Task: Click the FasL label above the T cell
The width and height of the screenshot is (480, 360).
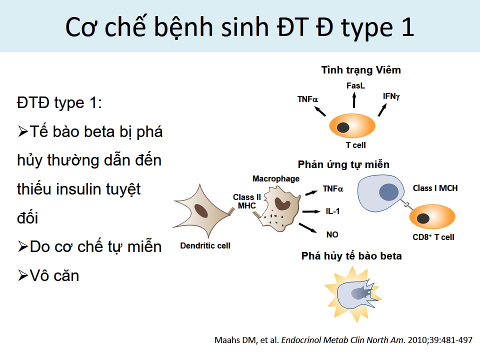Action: tap(355, 85)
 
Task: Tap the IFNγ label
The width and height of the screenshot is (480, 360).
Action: tap(391, 96)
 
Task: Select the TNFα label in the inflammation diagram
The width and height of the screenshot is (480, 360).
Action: tap(307, 99)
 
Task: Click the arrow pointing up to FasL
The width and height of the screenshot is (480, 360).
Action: tap(354, 100)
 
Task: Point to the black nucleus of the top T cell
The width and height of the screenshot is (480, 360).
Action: tap(343, 127)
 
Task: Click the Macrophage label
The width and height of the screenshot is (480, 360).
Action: tap(276, 179)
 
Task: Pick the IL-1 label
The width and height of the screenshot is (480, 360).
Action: tap(332, 211)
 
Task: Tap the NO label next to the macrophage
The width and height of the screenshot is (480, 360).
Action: tap(332, 235)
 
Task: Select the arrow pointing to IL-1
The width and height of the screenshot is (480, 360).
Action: tap(311, 211)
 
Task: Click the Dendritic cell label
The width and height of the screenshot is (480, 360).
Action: tap(205, 245)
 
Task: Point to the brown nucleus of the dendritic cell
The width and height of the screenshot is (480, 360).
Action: tap(201, 210)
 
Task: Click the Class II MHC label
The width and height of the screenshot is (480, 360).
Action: tap(246, 201)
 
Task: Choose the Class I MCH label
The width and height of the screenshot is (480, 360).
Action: tap(435, 188)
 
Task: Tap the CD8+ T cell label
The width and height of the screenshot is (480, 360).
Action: tap(433, 237)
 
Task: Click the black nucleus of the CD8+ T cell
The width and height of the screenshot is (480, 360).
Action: tap(423, 218)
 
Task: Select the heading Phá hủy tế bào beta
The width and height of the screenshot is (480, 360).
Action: tap(351, 256)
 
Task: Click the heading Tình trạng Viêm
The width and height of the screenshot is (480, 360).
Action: tap(361, 70)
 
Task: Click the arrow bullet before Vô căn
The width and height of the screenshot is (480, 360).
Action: tap(23, 275)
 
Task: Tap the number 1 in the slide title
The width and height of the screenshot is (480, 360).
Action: tap(408, 27)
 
